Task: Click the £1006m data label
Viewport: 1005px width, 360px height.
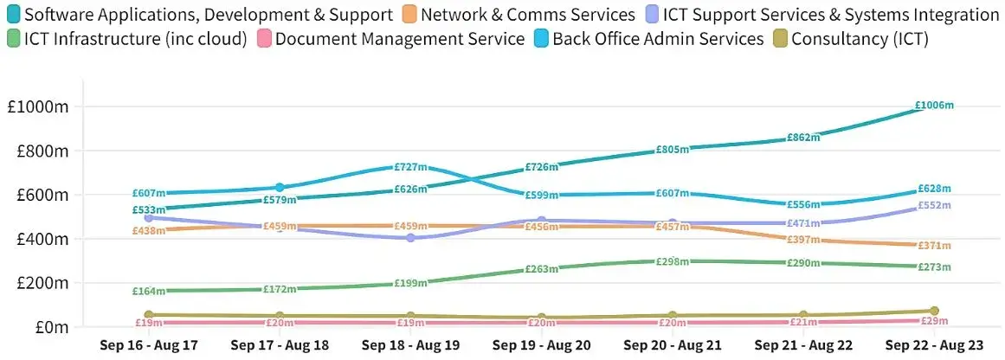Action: pos(934,106)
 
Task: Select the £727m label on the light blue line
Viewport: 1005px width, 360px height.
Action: pos(410,167)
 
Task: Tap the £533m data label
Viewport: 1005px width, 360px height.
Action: pos(148,209)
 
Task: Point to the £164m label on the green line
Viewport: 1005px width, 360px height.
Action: pos(148,292)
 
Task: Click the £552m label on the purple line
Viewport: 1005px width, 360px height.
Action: pos(934,206)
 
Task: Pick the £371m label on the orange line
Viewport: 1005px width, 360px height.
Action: pos(934,247)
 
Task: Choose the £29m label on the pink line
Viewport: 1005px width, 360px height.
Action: pos(934,322)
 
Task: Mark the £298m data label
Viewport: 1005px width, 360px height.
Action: pos(672,261)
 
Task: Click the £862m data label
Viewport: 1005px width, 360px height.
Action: pos(803,138)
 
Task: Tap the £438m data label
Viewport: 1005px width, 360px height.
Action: pos(148,231)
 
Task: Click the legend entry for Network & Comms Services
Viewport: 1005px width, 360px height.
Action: pos(528,15)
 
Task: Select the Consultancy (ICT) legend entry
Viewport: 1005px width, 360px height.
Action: pos(860,39)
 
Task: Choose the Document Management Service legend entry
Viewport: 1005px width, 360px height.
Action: pos(400,39)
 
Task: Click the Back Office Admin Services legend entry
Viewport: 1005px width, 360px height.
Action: pos(658,39)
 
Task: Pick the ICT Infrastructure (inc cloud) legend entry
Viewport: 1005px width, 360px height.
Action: pos(136,39)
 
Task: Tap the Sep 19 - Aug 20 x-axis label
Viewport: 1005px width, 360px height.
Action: pos(541,344)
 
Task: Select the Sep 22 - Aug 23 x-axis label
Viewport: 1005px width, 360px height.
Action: pos(934,344)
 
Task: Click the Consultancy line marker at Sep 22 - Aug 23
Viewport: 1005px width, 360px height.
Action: pos(934,311)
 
